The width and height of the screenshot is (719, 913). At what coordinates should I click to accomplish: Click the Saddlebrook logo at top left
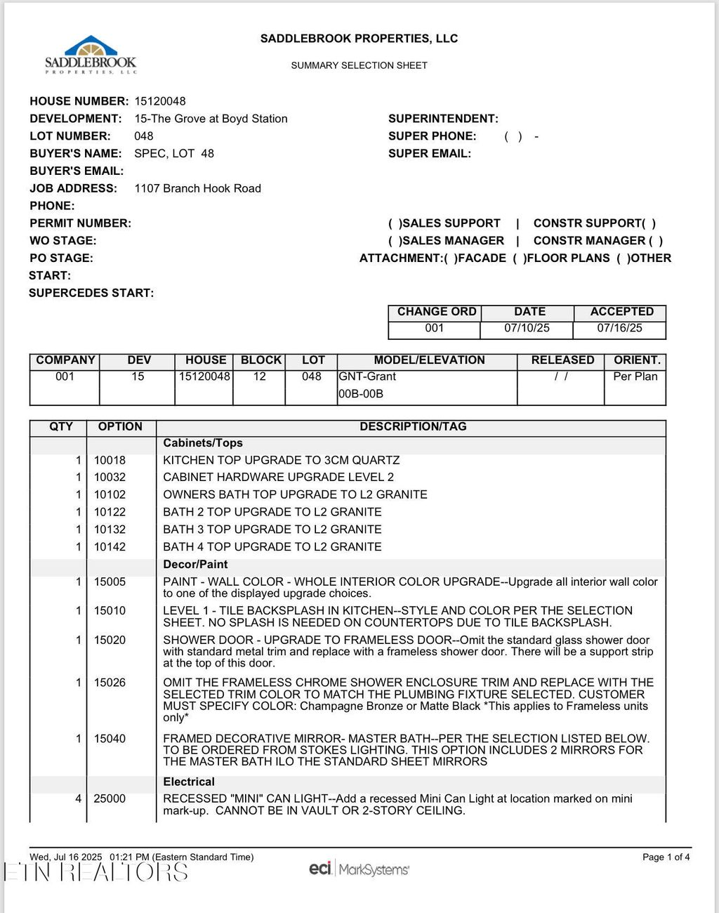pos(91,55)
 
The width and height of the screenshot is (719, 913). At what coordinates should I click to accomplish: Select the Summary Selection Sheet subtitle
pos(359,65)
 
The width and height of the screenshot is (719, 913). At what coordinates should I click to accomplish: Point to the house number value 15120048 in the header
pos(160,101)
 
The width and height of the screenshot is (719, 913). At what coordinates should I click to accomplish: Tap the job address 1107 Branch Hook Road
pos(197,188)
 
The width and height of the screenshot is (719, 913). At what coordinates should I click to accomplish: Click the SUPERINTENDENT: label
pos(443,119)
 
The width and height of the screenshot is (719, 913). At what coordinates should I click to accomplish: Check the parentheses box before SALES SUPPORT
pos(395,223)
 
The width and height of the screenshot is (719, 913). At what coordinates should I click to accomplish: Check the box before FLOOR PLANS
pos(519,258)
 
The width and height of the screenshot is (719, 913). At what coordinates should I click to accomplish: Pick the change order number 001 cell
pos(434,328)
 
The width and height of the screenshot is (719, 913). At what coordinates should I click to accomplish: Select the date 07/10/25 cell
pos(527,328)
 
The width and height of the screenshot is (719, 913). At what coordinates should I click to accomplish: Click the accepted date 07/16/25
pos(619,328)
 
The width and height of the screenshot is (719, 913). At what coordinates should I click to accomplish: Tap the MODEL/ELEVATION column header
pos(429,360)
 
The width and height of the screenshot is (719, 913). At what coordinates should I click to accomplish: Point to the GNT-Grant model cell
pos(367,376)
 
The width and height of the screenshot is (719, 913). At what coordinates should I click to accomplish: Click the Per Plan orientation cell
pos(635,376)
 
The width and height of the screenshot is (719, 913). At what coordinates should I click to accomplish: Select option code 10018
pos(110,460)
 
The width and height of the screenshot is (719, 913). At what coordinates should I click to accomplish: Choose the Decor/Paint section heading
pos(195,564)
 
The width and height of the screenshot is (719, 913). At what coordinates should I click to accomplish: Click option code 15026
pos(110,682)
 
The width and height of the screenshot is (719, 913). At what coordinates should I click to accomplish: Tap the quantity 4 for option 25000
pos(78,799)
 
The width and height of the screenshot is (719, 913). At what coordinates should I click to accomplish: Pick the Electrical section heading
pos(189,782)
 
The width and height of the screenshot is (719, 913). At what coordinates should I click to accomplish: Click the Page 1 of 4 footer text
pos(666,857)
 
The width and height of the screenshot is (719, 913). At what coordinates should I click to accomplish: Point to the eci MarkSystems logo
pos(359,869)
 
